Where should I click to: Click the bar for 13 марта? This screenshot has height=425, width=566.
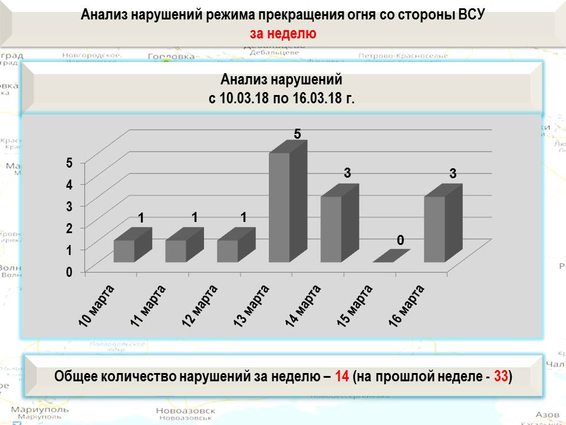point(279,207)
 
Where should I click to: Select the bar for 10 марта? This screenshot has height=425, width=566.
point(124,251)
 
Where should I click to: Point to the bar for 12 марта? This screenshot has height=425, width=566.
point(228,251)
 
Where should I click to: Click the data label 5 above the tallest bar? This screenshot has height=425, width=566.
point(298,135)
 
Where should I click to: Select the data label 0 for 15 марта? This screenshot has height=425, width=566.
point(401,241)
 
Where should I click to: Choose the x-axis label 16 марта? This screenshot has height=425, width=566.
point(407,304)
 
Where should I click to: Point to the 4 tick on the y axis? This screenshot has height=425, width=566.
point(69,184)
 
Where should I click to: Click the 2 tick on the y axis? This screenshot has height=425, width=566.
point(69,228)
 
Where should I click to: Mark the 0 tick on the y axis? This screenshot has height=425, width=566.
point(69,272)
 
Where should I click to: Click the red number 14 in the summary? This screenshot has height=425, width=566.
point(342,377)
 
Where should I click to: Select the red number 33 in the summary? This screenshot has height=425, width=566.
point(501,377)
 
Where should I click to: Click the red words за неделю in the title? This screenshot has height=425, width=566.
point(282,33)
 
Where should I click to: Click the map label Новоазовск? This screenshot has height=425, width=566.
point(183,411)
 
